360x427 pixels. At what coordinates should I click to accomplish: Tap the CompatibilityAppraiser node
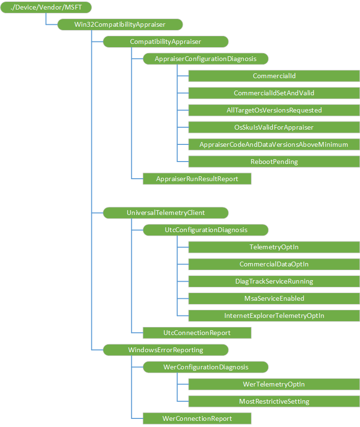[166, 41]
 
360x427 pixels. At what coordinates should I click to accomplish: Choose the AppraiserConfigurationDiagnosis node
[206, 59]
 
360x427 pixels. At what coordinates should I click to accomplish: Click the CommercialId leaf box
[274, 76]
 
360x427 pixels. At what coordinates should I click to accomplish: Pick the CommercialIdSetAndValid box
[274, 93]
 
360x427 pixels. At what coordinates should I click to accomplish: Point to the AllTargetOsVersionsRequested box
[274, 110]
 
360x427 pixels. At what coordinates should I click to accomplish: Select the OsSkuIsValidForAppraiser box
[274, 127]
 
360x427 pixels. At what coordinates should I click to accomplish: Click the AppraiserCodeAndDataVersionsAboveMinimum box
[274, 144]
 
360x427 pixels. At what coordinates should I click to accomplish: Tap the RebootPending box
[274, 162]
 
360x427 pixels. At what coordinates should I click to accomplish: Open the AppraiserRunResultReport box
[197, 179]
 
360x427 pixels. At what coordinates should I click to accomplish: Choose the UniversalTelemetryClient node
[166, 213]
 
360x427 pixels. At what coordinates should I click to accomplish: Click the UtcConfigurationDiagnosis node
[206, 230]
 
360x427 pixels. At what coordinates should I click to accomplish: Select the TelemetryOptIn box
[274, 247]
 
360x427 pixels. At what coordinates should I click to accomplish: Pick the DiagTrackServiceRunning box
[274, 281]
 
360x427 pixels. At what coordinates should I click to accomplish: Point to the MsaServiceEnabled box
[274, 298]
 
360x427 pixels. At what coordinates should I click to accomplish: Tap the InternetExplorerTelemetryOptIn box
[274, 315]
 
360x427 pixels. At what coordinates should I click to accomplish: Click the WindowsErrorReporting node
[166, 350]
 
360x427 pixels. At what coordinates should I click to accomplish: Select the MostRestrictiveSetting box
[274, 401]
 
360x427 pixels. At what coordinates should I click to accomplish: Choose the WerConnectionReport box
[197, 418]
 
